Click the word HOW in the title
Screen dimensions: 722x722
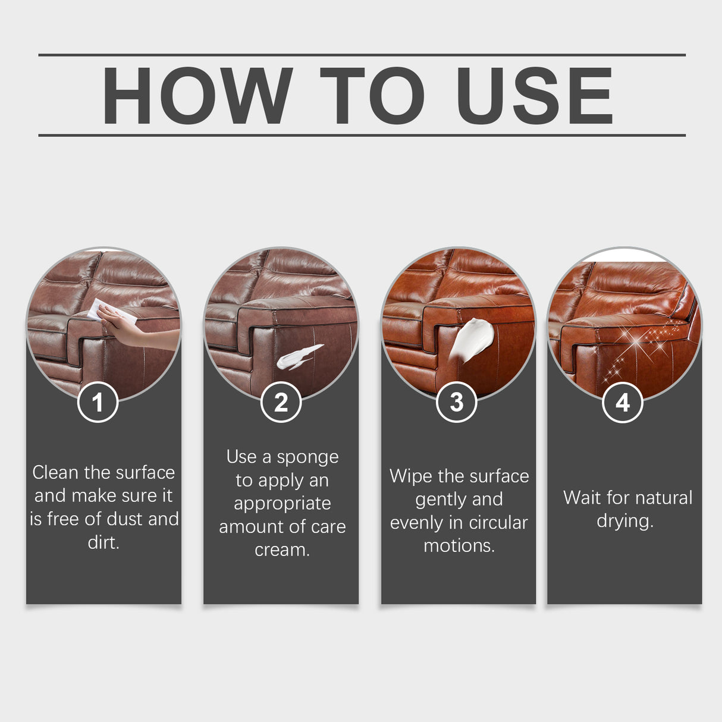pos(197,96)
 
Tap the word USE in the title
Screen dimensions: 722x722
pos(534,96)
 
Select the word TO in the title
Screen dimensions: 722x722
pos(372,96)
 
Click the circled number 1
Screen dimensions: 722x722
pos(98,403)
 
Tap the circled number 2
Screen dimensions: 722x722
pos(281,403)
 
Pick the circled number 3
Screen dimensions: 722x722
pos(456,403)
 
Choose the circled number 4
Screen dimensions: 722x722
pos(622,403)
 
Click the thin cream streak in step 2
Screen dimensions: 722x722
pos(299,356)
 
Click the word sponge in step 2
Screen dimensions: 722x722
pos(307,457)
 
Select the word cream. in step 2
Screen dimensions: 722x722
pos(282,550)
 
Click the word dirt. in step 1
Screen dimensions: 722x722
pos(103,542)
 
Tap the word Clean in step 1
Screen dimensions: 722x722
pos(55,473)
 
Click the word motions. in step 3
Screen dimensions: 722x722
pos(459,546)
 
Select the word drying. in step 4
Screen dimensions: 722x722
pos(624,522)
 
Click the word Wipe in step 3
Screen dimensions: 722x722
pos(411,476)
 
